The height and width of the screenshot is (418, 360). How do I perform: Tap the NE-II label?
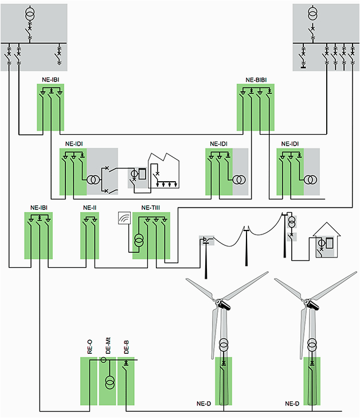pyautogui.click(x=90, y=208)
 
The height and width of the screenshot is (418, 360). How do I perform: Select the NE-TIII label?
pyautogui.click(x=151, y=208)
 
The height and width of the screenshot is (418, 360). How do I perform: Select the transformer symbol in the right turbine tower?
pyautogui.click(x=312, y=346)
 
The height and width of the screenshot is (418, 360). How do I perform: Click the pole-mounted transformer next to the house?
pyautogui.click(x=291, y=221)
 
